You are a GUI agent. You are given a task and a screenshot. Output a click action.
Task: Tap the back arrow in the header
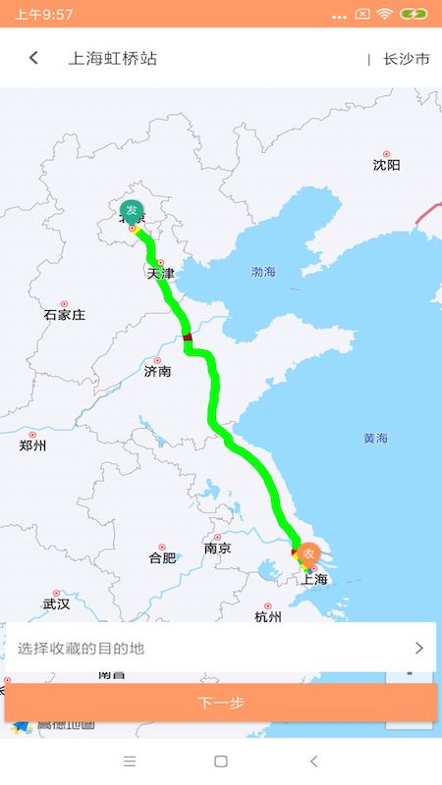(x=33, y=58)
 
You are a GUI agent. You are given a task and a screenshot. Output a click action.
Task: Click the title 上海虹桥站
(x=112, y=59)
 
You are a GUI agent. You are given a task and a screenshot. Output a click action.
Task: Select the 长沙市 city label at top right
(x=407, y=59)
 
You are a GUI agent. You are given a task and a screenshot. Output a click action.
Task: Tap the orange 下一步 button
(x=221, y=703)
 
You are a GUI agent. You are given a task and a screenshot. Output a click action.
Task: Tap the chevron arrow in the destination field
(x=419, y=648)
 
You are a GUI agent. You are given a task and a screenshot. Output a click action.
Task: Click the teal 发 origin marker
(x=132, y=210)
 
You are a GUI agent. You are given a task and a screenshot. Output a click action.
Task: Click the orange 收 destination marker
(x=309, y=552)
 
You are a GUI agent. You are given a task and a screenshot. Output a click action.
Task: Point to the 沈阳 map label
(x=387, y=165)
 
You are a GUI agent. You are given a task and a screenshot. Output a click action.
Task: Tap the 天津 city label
(x=161, y=273)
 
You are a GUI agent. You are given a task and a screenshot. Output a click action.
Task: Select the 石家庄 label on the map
(x=65, y=315)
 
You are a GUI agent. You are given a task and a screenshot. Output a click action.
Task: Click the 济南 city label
(x=157, y=371)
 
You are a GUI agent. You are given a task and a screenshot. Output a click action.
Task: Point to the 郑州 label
(x=32, y=445)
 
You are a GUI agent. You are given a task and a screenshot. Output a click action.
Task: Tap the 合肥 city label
(x=162, y=557)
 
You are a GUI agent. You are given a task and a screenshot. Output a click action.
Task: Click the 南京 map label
(x=217, y=549)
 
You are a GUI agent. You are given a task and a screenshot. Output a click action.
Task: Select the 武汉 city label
(x=56, y=604)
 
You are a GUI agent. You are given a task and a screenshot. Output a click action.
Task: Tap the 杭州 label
(x=267, y=617)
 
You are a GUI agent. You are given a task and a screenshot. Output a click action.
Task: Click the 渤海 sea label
(x=263, y=272)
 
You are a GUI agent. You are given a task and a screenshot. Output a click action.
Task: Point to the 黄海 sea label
(x=375, y=438)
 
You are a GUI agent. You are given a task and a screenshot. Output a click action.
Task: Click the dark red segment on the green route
(x=188, y=338)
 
